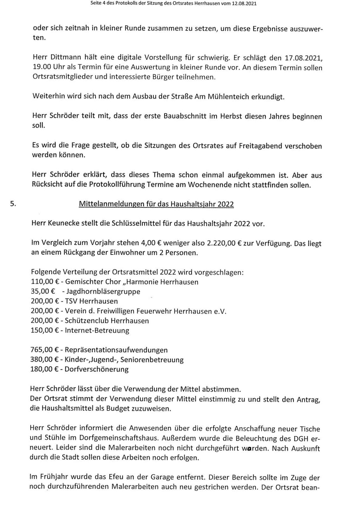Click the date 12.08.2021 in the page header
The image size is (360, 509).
tap(244, 4)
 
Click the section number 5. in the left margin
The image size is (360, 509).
tap(13, 204)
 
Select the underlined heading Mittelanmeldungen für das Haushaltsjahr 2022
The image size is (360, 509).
tap(156, 204)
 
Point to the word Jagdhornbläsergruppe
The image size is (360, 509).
tap(103, 292)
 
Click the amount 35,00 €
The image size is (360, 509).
tap(43, 292)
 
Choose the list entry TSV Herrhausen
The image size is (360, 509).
tap(91, 301)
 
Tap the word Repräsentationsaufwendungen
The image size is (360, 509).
tap(116, 350)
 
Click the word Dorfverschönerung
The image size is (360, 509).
tap(97, 370)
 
